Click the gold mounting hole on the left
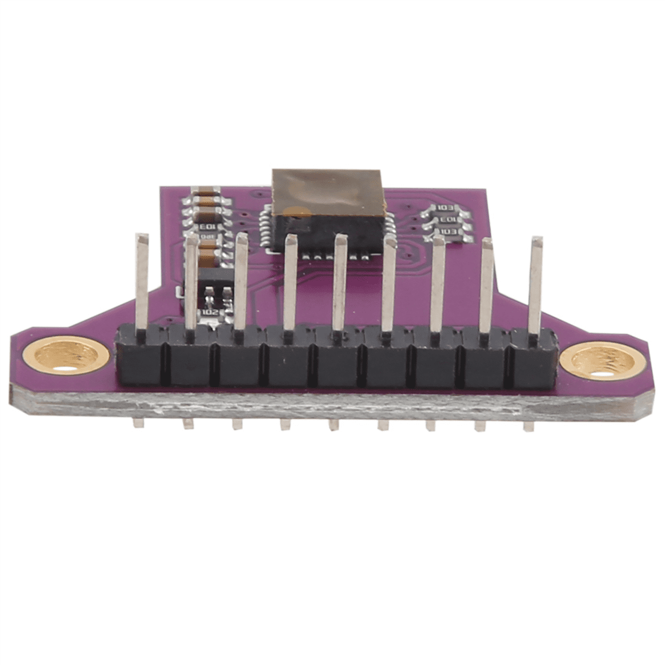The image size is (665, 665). pos(67,357)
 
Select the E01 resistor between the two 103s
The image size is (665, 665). pos(447,220)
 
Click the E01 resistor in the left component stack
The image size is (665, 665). pos(207,227)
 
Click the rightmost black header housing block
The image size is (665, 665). pos(533,359)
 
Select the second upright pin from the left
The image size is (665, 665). pos(191,280)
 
